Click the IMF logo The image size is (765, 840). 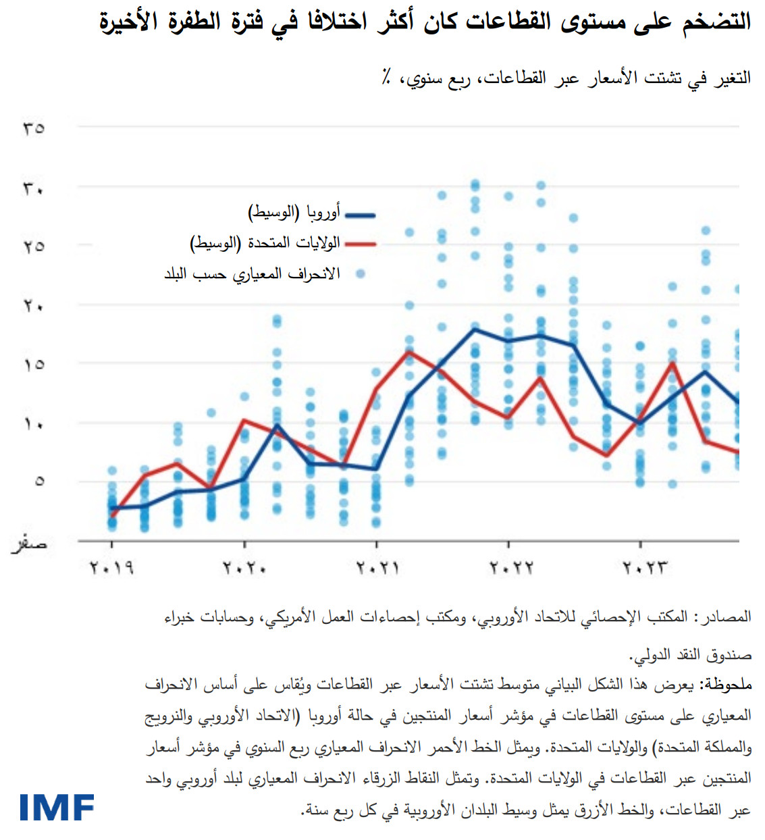click(x=57, y=808)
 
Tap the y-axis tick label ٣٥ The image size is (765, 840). click(x=34, y=128)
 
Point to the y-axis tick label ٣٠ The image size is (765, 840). click(x=34, y=188)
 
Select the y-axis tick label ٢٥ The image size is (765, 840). click(x=34, y=246)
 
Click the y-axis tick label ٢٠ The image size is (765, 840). click(x=34, y=306)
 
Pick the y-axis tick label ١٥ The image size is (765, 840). click(x=34, y=365)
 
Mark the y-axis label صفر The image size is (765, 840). click(x=30, y=543)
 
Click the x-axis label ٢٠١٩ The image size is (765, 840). click(x=111, y=568)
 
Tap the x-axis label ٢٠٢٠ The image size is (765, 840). click(x=244, y=568)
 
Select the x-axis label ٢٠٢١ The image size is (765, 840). click(x=377, y=568)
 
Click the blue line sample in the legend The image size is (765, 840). click(x=360, y=215)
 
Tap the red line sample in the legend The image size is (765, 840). click(x=360, y=244)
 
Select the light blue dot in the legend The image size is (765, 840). click(x=361, y=273)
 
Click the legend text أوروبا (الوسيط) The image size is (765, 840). click(x=294, y=213)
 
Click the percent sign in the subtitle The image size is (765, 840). click(x=386, y=78)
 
